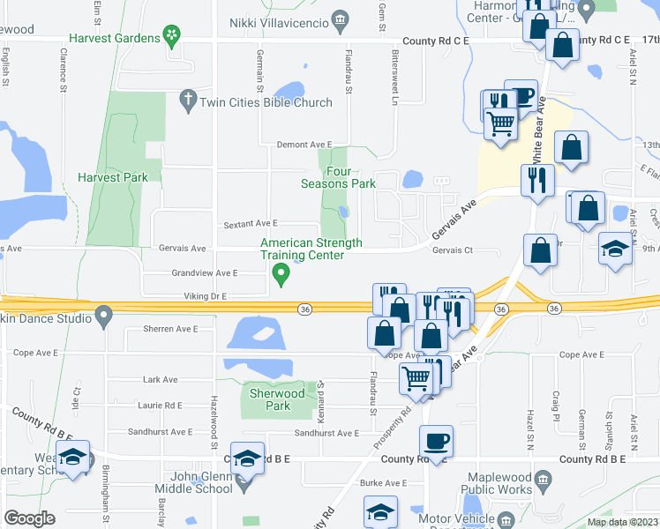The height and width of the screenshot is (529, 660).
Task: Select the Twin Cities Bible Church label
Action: click(x=266, y=102)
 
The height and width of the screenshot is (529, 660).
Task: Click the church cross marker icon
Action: click(x=187, y=101)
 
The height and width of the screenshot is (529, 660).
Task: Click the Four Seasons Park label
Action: click(x=338, y=177)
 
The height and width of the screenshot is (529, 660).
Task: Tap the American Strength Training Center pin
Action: click(x=282, y=277)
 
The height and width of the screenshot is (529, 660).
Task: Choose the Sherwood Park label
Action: click(x=277, y=400)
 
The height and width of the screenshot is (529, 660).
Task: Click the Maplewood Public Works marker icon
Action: click(x=543, y=482)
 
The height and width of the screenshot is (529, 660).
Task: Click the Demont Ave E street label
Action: click(x=304, y=145)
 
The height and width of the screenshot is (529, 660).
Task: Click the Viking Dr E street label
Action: click(x=206, y=296)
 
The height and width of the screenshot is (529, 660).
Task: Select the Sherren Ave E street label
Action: click(x=170, y=329)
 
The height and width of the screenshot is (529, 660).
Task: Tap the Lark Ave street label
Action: click(x=160, y=380)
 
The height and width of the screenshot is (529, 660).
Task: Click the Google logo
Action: click(x=29, y=518)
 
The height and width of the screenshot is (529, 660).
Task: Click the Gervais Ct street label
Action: click(x=453, y=250)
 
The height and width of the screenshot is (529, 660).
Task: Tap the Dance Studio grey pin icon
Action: click(x=104, y=314)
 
